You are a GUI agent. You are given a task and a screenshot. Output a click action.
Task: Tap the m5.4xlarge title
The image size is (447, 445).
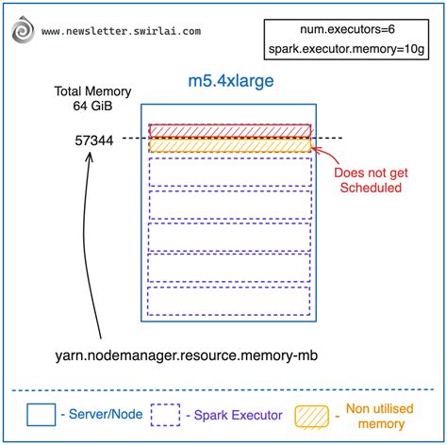(228, 82)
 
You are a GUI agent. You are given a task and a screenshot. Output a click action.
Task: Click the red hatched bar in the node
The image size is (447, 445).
(229, 130)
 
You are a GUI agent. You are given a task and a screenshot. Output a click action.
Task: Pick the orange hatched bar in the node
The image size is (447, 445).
(229, 146)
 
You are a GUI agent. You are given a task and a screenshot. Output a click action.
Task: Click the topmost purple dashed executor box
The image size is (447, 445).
(229, 172)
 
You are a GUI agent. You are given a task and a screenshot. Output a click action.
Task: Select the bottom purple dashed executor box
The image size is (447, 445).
(229, 301)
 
